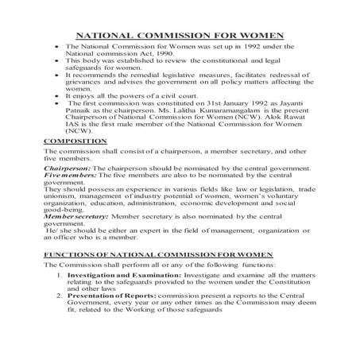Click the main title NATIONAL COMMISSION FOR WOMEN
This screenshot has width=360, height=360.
pos(180,36)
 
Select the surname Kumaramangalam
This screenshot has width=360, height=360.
pos(203,112)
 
